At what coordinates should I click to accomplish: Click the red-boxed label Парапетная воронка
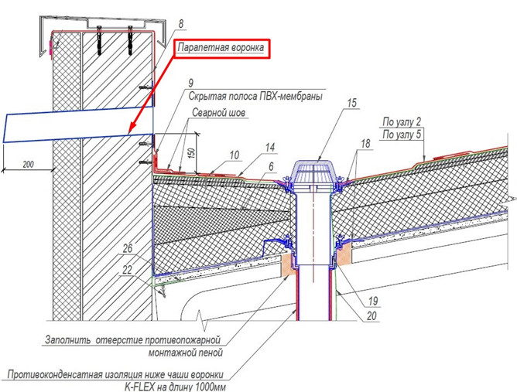[x=222, y=49]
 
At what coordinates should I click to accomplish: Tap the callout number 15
[x=352, y=103]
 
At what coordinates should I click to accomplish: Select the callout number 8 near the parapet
[x=179, y=23]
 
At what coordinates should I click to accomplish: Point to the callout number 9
[x=191, y=82]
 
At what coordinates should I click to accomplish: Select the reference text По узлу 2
[x=402, y=121]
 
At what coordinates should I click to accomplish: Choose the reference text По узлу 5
[x=402, y=134]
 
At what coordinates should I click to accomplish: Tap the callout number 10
[x=235, y=156]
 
